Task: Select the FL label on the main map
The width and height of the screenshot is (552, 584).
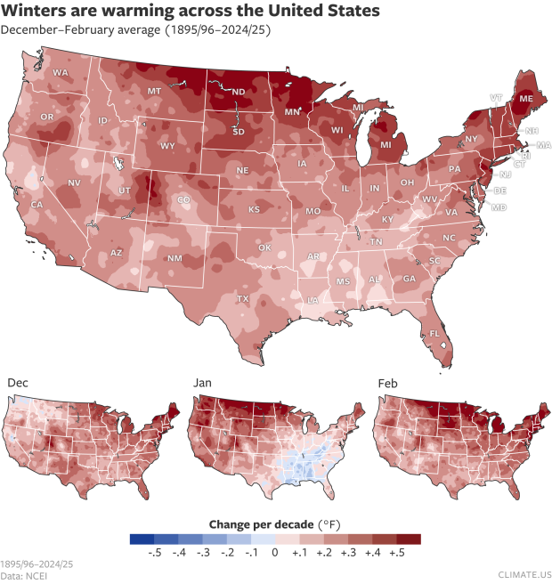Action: (434, 334)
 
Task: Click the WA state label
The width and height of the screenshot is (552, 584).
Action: (61, 72)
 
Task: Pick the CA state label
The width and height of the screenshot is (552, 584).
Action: (37, 206)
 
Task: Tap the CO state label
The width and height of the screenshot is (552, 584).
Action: (183, 201)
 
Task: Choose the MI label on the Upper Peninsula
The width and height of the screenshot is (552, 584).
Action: (358, 108)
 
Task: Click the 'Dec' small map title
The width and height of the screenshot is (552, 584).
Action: (17, 382)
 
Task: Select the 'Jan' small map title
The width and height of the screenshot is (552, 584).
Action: (204, 382)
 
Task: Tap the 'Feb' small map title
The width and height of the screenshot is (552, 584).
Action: (387, 382)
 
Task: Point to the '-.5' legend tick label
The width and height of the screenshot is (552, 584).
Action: (154, 553)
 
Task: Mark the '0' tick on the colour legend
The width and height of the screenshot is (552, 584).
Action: (275, 553)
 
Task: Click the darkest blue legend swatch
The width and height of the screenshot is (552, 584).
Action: (142, 539)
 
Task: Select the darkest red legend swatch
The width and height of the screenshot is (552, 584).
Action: (409, 539)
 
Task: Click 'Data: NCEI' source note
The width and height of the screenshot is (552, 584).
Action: (25, 576)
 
